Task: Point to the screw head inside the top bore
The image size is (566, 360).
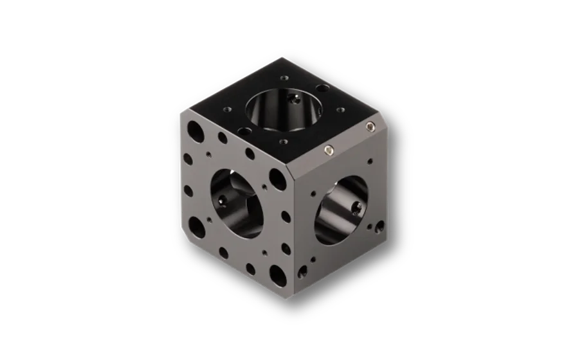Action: coord(295,98)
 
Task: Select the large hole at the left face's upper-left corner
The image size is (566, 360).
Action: coord(194,132)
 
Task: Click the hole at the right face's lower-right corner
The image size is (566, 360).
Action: coord(379,226)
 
